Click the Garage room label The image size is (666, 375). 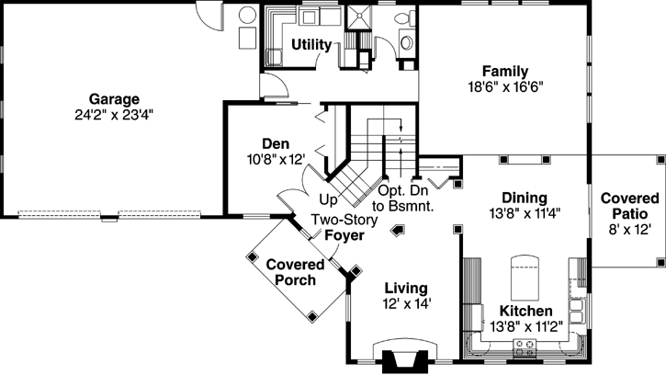[x=114, y=98]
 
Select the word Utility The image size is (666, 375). [x=311, y=44]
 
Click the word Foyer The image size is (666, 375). [x=344, y=235]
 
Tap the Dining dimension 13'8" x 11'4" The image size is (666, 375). [x=525, y=212]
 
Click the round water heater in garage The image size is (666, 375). [x=247, y=15]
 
